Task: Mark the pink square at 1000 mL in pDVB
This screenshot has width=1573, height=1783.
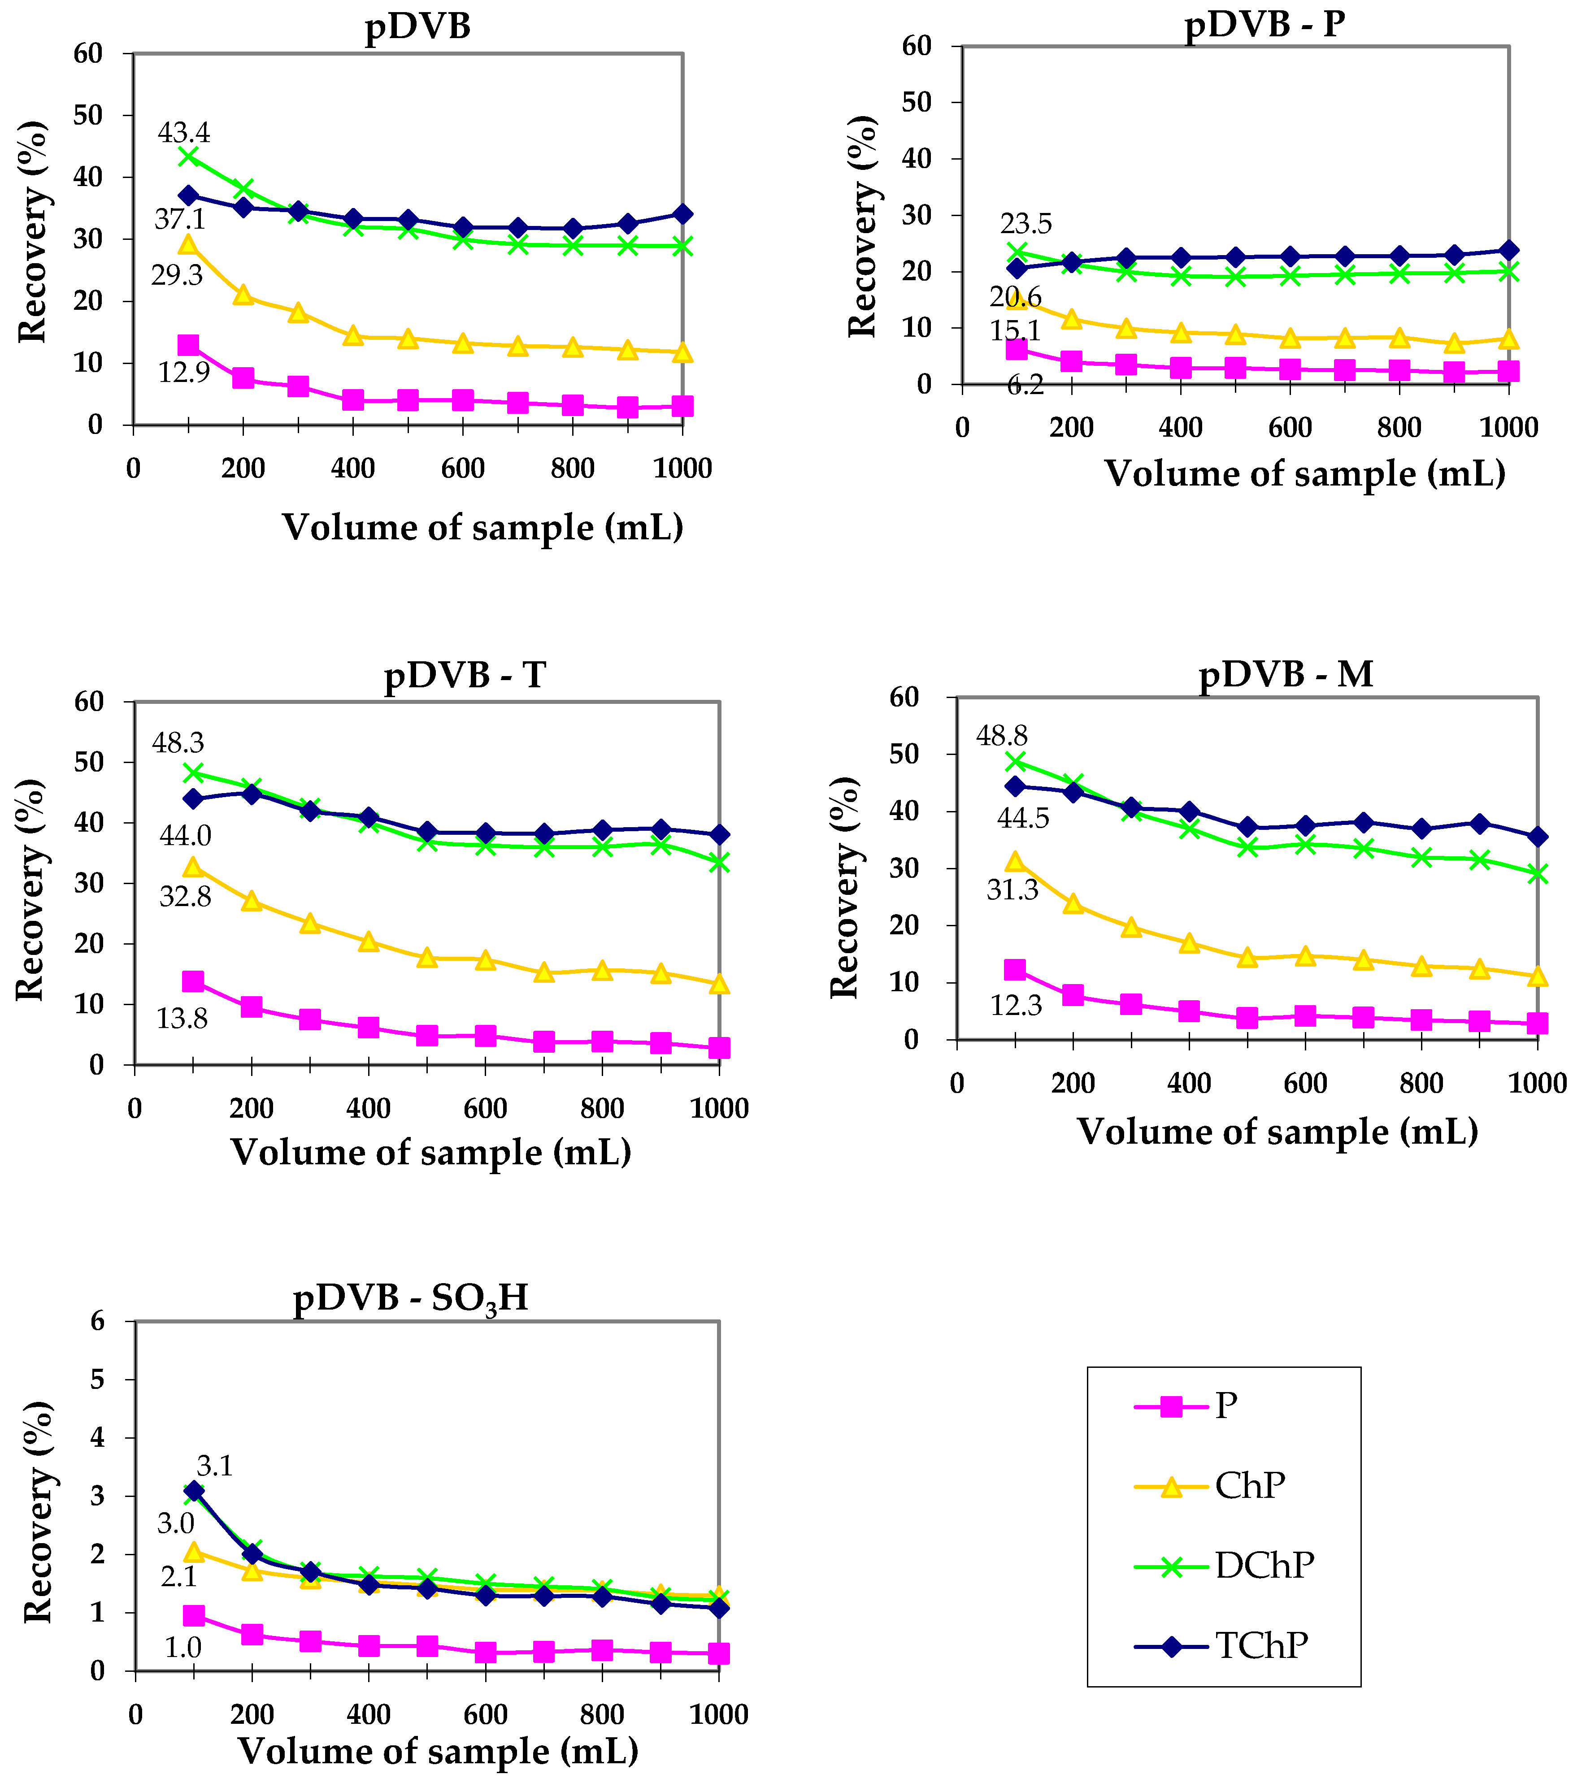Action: click(x=682, y=406)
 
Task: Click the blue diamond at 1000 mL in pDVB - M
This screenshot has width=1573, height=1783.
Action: click(x=1537, y=837)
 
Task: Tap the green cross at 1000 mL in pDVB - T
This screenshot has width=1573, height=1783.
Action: click(x=719, y=862)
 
